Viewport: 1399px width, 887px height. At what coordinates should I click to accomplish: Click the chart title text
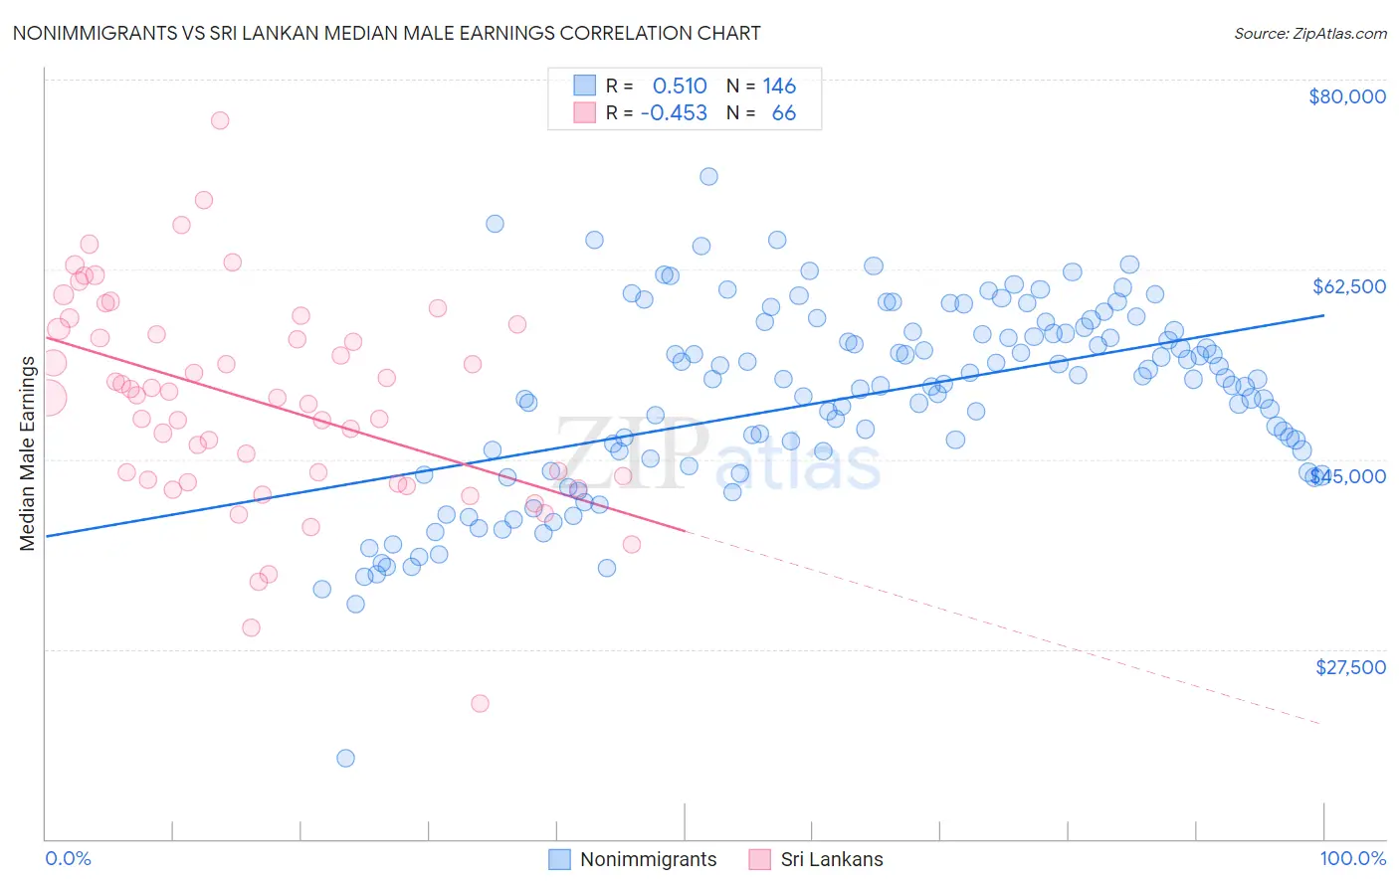click(385, 33)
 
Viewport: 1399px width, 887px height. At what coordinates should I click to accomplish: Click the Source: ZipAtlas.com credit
click(1309, 33)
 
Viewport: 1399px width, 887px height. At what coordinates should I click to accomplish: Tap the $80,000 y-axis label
click(1346, 96)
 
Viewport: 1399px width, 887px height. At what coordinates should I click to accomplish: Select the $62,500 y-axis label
click(1348, 286)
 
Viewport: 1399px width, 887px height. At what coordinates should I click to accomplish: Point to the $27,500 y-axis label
click(1350, 667)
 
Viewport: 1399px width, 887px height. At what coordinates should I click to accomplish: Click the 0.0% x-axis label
click(68, 858)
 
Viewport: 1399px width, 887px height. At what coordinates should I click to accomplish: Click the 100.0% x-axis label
click(1352, 858)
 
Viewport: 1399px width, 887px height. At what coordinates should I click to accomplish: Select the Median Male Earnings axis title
click(27, 453)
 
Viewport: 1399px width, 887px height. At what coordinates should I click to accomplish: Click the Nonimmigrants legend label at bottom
click(648, 859)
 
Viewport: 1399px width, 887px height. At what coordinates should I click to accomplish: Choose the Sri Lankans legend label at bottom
click(831, 859)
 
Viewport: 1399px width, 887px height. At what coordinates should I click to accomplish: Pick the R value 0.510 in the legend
click(679, 87)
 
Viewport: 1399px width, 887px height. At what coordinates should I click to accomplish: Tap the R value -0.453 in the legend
click(674, 113)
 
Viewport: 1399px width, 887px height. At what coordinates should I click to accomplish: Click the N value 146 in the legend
click(779, 87)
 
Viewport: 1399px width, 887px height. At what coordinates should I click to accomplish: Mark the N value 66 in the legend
click(783, 113)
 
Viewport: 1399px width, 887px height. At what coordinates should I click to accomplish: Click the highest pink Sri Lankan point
click(220, 120)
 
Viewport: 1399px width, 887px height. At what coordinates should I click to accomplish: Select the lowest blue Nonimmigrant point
click(345, 759)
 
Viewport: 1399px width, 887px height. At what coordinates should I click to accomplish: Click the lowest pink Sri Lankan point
click(480, 703)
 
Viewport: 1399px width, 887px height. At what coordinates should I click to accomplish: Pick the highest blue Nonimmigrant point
click(708, 176)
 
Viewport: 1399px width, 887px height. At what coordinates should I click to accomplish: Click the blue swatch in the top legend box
click(584, 86)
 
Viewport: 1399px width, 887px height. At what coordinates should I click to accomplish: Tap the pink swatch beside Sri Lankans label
click(760, 859)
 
